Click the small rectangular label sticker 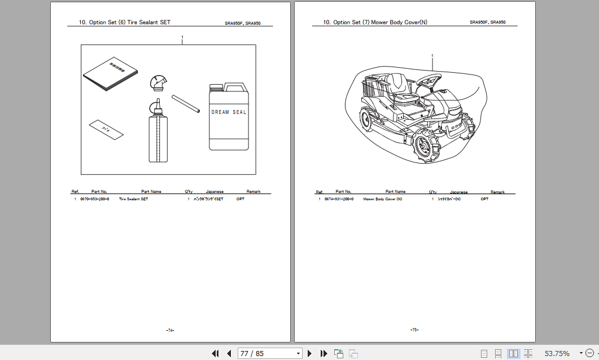click(106, 129)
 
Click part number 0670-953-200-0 click(95, 199)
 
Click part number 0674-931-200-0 click(339, 199)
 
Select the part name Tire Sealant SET click(133, 199)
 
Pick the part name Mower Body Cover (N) click(383, 199)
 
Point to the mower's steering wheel click(431, 78)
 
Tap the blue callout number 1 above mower click(432, 56)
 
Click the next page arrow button click(309, 353)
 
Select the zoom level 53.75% click(557, 353)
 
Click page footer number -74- click(170, 330)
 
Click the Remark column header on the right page click(497, 192)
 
